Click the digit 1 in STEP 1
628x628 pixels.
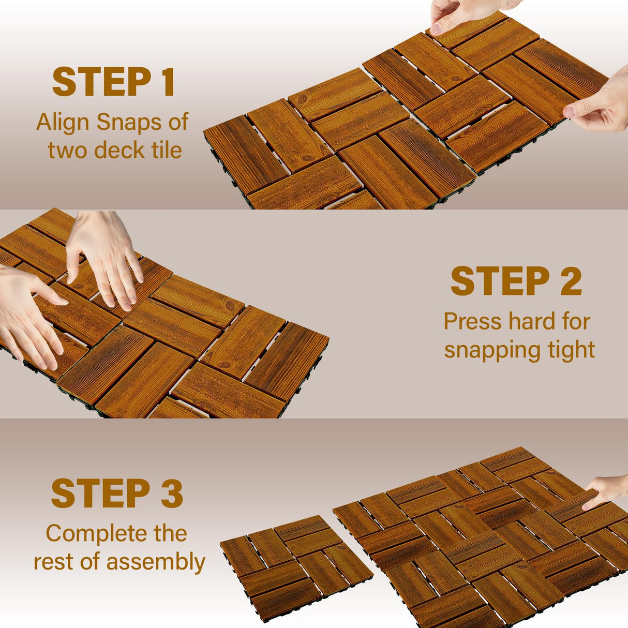(x=168, y=83)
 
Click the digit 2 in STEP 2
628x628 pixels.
(x=571, y=281)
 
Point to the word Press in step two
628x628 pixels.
(x=472, y=322)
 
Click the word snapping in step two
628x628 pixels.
(x=485, y=350)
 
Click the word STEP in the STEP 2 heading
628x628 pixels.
(x=499, y=281)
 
